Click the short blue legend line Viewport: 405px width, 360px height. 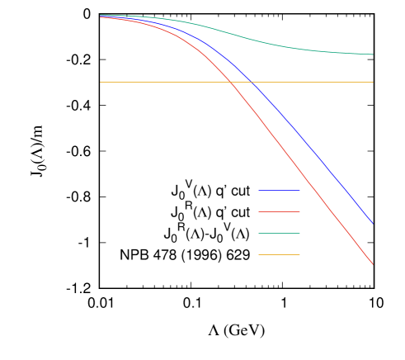tap(279, 191)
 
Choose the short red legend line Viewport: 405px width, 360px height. tap(279, 212)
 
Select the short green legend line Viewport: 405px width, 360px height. tap(279, 234)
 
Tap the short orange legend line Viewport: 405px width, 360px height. tap(279, 255)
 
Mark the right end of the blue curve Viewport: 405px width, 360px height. tap(373, 224)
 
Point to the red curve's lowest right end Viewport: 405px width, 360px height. tap(373, 264)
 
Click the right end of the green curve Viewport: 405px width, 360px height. tap(373, 54)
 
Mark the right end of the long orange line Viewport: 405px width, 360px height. tap(373, 82)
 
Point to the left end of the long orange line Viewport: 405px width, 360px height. tap(101, 82)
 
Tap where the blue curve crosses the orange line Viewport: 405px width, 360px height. tap(251, 82)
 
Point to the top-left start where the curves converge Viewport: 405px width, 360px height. tap(101, 16)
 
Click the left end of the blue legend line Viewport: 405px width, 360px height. tap(259, 191)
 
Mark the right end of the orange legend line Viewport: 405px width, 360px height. tap(299, 255)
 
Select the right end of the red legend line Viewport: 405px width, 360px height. tap(299, 212)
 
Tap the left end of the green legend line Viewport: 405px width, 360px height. tap(259, 234)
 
